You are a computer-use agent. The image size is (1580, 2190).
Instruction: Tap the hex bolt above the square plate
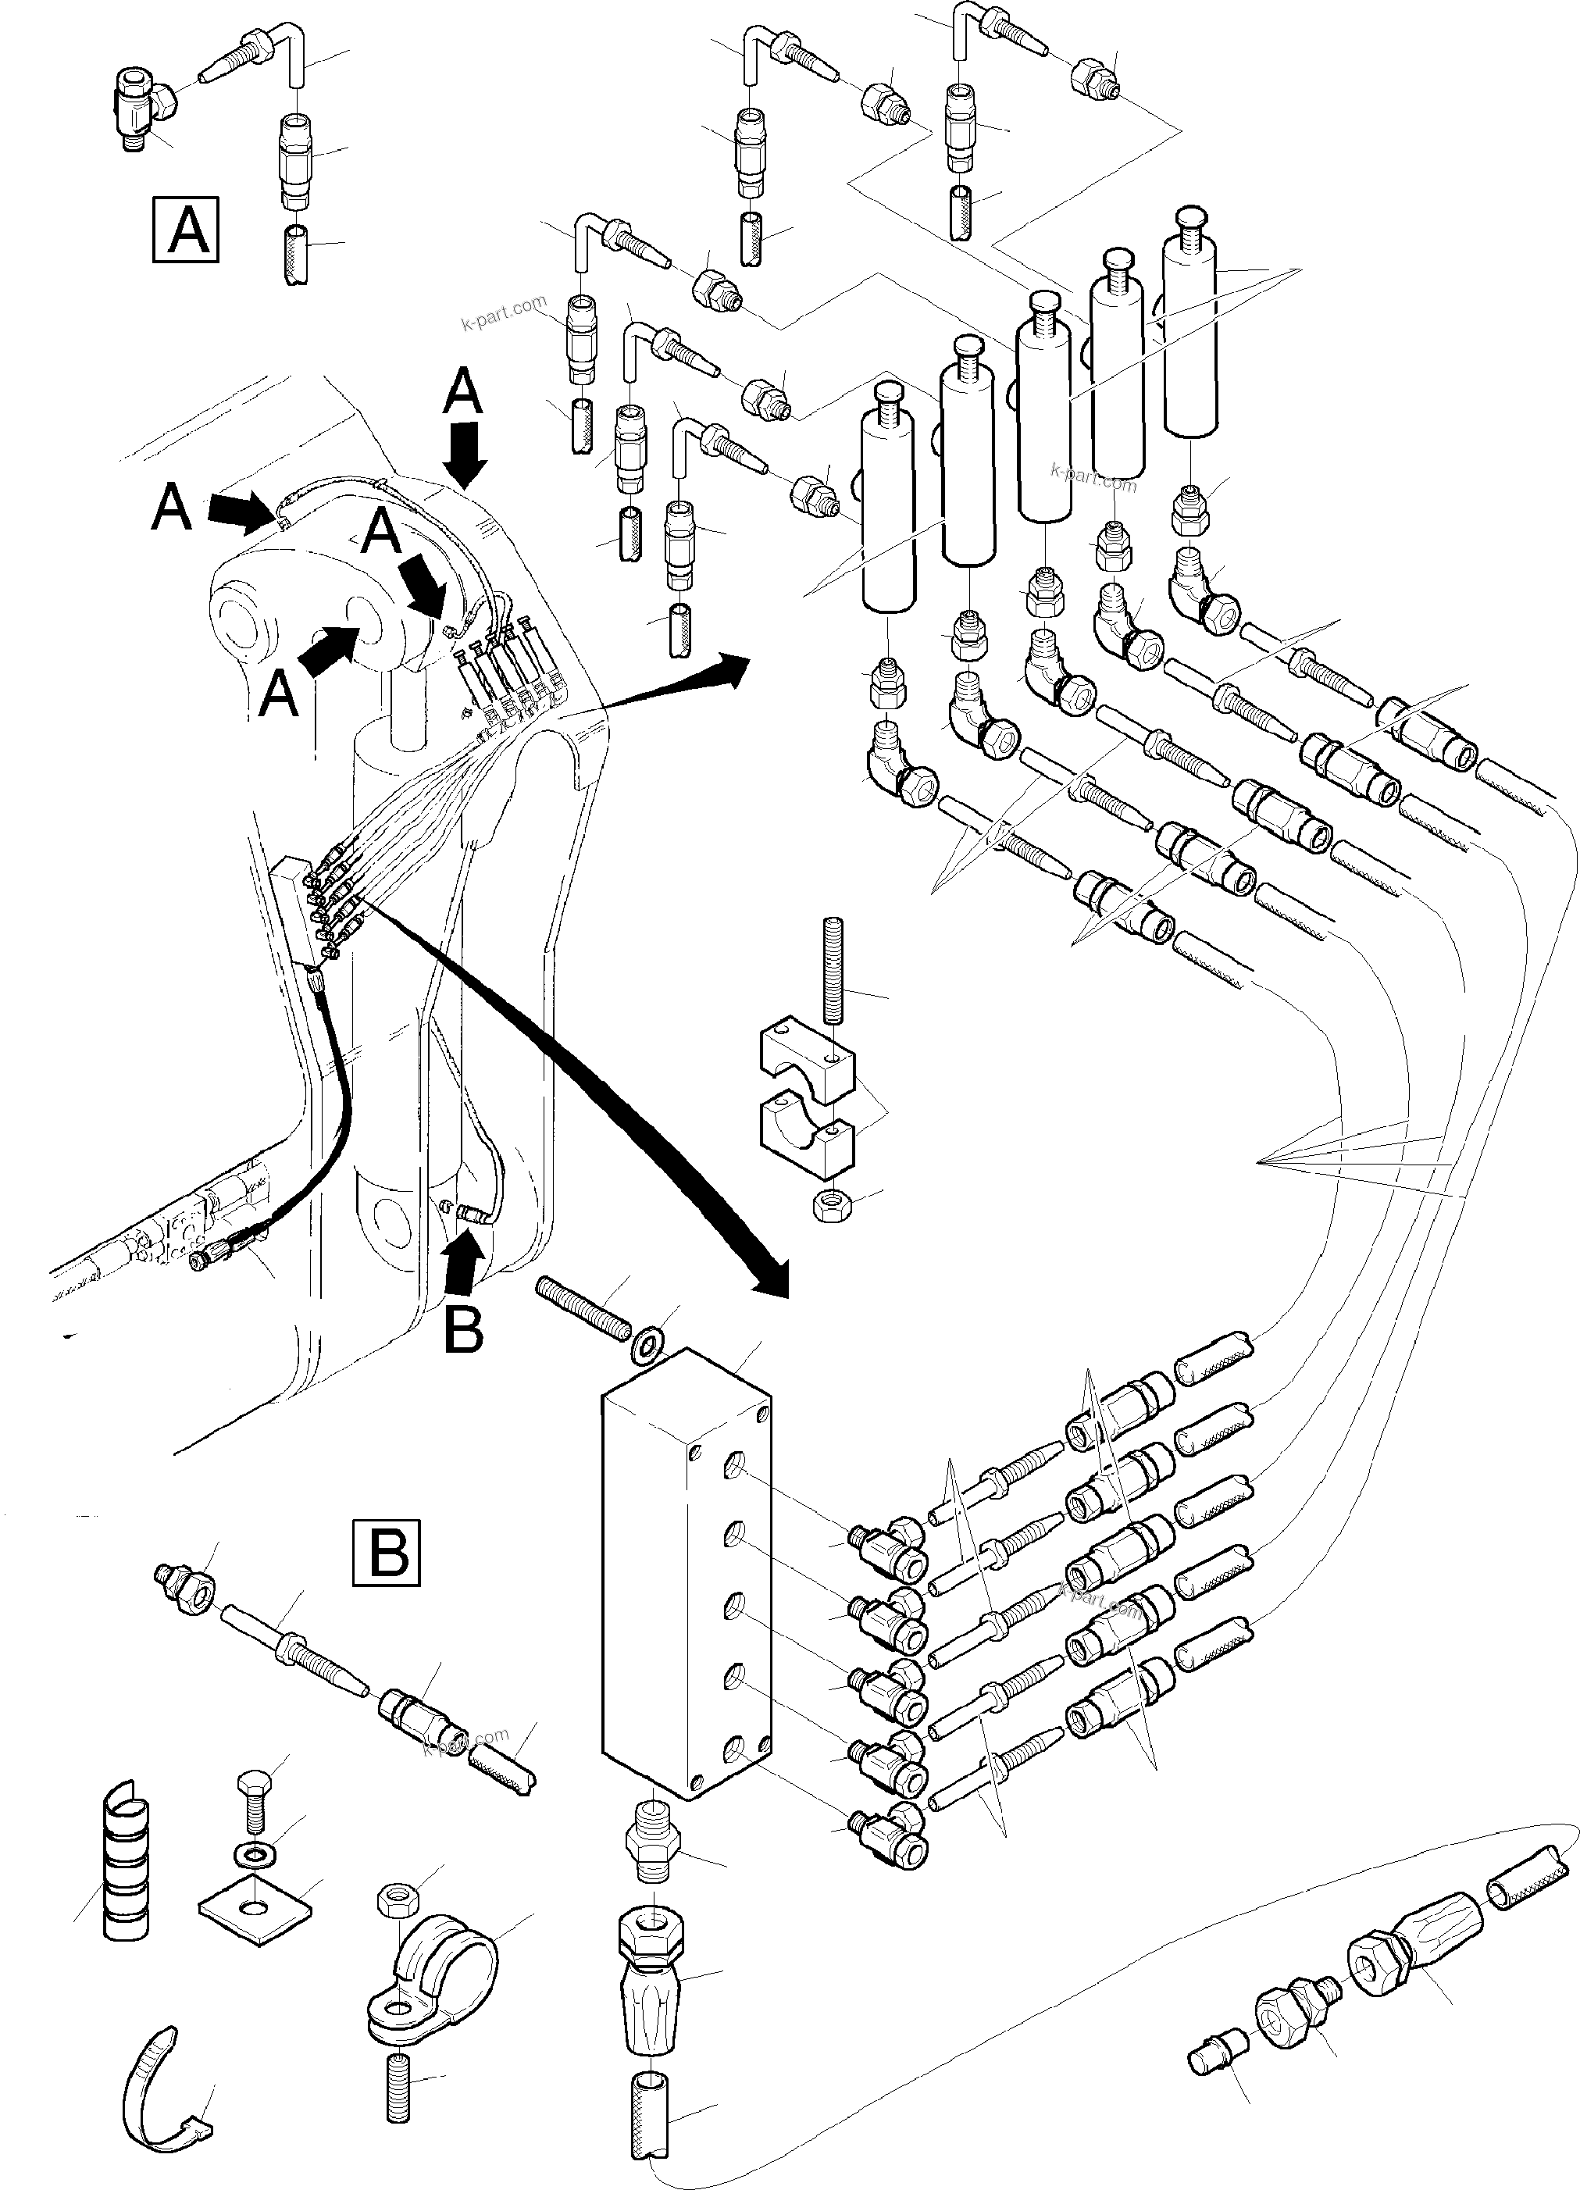253,1797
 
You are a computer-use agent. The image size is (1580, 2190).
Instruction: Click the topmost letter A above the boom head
464,393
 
